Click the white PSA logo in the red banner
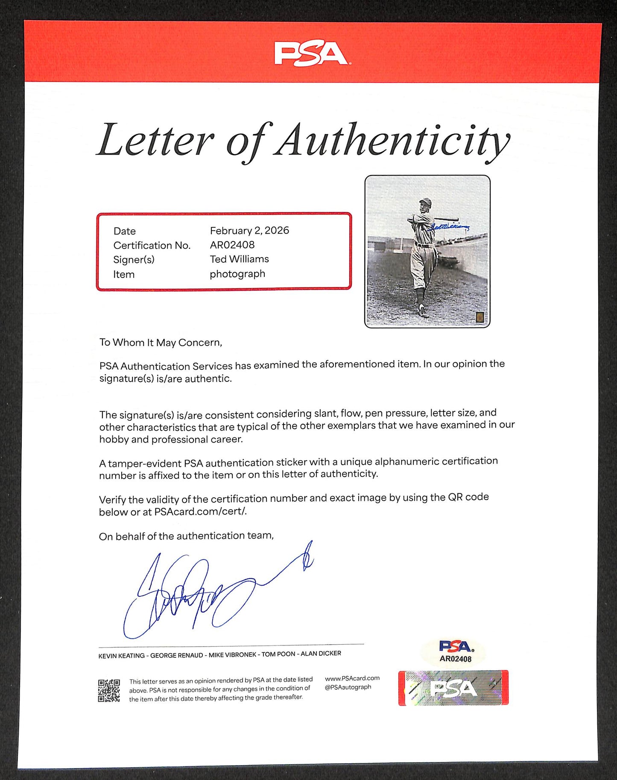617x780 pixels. coord(311,53)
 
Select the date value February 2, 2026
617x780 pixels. coord(249,231)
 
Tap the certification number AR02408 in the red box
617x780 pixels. coord(232,245)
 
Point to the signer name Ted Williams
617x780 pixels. coord(239,259)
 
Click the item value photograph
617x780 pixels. coord(237,274)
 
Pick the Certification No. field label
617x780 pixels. coord(152,245)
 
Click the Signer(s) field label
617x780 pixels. coord(134,260)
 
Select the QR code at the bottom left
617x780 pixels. coord(108,691)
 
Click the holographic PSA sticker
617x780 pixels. coord(453,688)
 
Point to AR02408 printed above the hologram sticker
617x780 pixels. coord(455,659)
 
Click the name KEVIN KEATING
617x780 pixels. coord(121,655)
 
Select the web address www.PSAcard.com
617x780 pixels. coord(352,678)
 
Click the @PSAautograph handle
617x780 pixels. coord(348,687)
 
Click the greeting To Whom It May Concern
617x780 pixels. coord(161,343)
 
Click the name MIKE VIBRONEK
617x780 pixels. coord(232,654)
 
